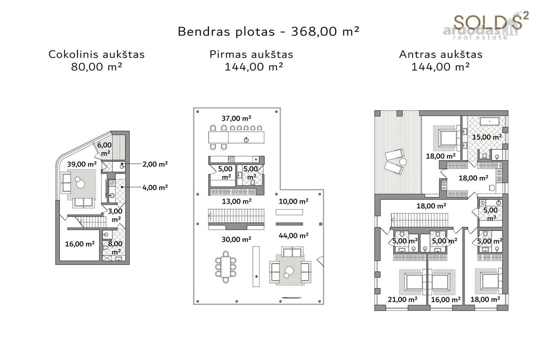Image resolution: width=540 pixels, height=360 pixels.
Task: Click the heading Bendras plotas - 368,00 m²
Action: click(269, 31)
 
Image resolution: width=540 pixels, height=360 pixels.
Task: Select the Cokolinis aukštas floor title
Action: click(96, 54)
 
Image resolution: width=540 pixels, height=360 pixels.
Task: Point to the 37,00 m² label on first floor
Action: click(236, 118)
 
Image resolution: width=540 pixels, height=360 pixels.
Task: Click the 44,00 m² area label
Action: click(293, 236)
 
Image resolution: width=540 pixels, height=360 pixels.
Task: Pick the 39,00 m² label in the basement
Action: click(82, 164)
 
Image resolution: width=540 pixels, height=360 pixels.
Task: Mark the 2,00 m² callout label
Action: click(155, 164)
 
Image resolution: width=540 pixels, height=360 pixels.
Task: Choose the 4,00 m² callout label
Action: click(155, 187)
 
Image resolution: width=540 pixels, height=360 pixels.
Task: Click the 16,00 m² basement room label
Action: click(80, 244)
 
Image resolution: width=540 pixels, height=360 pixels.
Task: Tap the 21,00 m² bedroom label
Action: click(403, 300)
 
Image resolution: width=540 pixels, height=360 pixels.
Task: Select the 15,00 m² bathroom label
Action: click(487, 137)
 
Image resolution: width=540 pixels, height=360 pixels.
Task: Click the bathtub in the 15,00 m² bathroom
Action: click(490, 121)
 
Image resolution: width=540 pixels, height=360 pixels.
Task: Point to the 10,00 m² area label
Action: click(293, 201)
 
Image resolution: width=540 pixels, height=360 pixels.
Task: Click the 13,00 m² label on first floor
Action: click(237, 201)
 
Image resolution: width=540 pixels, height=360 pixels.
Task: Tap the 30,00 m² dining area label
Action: click(236, 239)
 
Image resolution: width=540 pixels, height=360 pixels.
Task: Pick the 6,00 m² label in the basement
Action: click(104, 149)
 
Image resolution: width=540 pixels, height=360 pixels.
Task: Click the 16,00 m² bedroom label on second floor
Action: click(446, 300)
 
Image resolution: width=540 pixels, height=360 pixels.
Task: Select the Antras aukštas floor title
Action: click(441, 54)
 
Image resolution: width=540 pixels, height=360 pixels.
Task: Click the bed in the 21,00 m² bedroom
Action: click(414, 282)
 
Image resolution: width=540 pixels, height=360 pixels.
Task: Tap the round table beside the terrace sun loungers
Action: click(403, 162)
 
